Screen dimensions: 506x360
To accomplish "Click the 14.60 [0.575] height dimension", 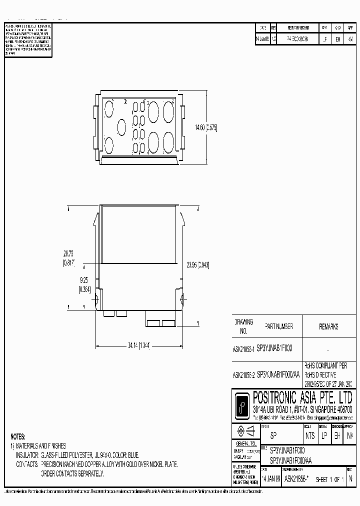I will pos(206,127).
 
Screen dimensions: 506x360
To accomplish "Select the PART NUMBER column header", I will pos(274,326).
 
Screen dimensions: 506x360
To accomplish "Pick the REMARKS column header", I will pos(328,326).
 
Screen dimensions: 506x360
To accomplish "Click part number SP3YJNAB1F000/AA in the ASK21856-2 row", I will pos(280,374).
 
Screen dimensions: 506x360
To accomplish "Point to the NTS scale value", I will pos(310,435).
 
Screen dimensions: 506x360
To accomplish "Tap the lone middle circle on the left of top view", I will pos(121,127).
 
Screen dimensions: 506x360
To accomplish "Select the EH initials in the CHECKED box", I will pos(337,435).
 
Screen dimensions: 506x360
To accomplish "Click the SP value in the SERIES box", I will pos(273,435).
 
